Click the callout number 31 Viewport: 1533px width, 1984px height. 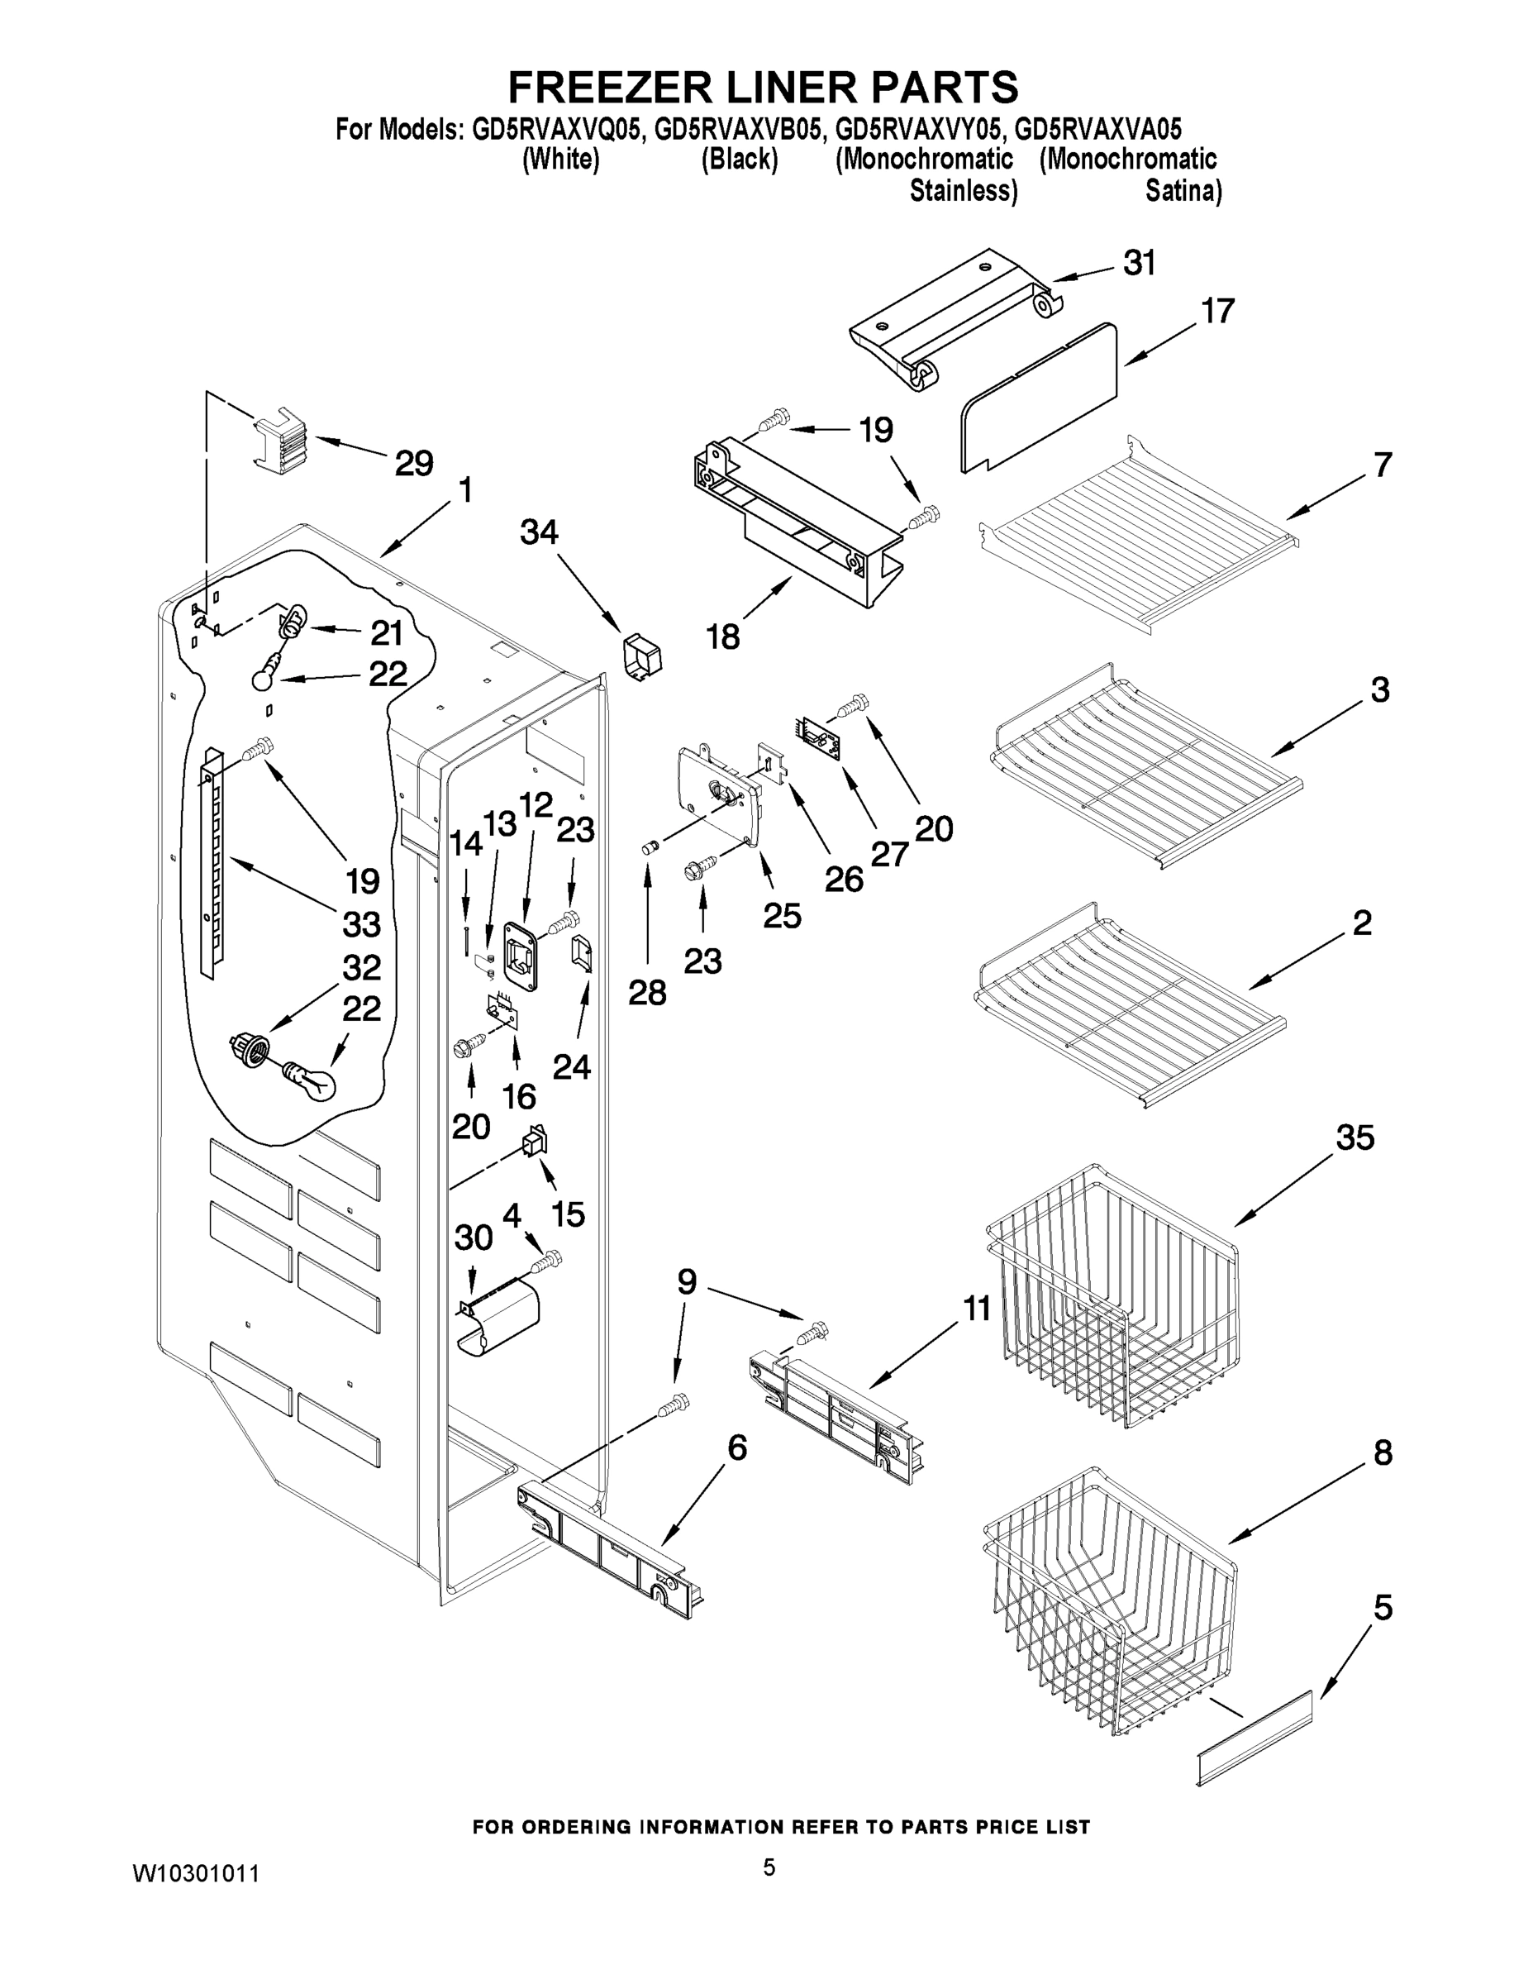click(x=1139, y=264)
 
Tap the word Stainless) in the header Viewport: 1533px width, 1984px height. click(x=963, y=191)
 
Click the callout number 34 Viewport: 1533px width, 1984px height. click(x=539, y=532)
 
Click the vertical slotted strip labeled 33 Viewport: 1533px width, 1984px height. click(x=211, y=863)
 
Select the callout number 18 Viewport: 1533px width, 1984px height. click(x=723, y=637)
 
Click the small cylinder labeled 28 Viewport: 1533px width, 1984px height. click(x=649, y=847)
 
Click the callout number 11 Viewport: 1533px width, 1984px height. click(x=977, y=1309)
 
